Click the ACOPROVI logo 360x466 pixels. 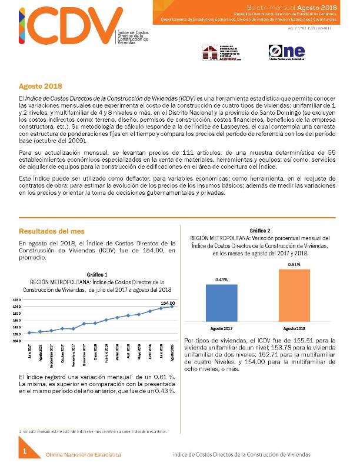coord(221,52)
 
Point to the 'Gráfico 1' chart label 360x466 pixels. coord(97,274)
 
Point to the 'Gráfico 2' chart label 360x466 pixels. coord(260,230)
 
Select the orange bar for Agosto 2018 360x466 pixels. coord(294,295)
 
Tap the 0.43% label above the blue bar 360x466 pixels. coord(222,279)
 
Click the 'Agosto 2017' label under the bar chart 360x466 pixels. coord(222,328)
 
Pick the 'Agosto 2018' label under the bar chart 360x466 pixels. coord(294,328)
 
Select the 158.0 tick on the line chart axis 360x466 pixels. coord(16,300)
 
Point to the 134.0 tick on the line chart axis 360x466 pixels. coord(16,340)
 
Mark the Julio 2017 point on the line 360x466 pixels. coord(29,333)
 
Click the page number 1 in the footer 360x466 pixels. coord(25,451)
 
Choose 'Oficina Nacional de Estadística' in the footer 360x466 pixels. coord(84,455)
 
